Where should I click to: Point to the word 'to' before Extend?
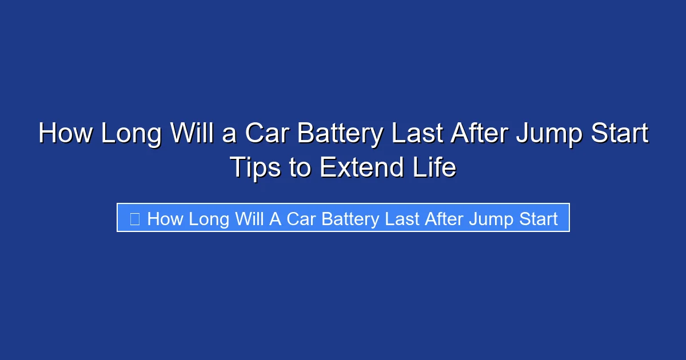point(299,167)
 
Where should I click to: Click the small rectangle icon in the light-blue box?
point(135,219)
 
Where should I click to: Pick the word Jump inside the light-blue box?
point(489,219)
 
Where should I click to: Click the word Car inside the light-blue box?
point(301,219)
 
